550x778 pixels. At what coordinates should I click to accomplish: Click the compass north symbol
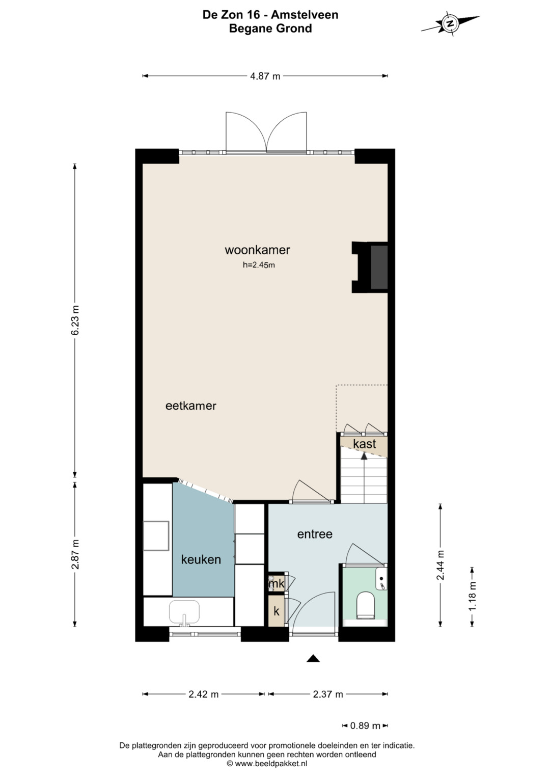(x=450, y=23)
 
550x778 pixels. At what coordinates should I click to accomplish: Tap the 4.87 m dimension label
(x=265, y=76)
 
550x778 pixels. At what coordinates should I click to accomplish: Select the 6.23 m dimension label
(x=75, y=320)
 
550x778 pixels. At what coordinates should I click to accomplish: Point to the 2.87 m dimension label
(x=75, y=554)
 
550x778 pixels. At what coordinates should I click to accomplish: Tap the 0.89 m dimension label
(x=365, y=726)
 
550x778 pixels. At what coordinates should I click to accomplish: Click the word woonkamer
(x=257, y=250)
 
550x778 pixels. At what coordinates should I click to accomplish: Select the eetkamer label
(x=190, y=406)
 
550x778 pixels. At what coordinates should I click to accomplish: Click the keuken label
(x=201, y=559)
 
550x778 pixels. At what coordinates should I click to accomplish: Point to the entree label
(x=315, y=534)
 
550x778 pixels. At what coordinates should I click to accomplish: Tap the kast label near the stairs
(x=364, y=444)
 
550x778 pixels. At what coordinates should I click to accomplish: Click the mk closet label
(x=277, y=584)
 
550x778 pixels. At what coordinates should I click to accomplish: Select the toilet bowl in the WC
(x=366, y=606)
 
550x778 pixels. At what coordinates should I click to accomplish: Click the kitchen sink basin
(x=184, y=612)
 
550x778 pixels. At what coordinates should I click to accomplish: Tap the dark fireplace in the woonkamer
(x=379, y=267)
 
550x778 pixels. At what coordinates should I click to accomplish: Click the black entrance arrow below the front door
(x=313, y=658)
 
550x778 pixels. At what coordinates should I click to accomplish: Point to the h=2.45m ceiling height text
(x=259, y=265)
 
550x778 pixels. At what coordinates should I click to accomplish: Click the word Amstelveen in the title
(x=304, y=15)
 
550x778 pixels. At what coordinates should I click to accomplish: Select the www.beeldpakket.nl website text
(x=271, y=763)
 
